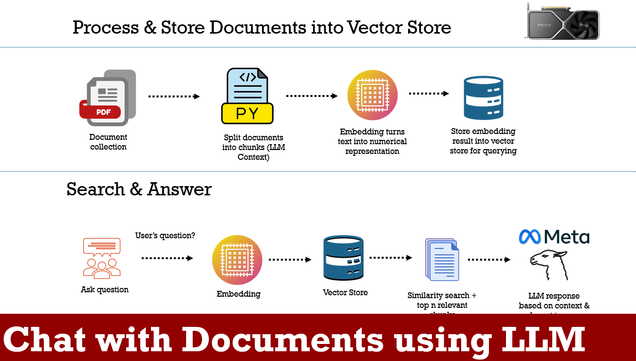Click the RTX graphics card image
pos(562,21)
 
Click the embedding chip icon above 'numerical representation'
pos(373,95)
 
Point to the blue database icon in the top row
pos(483,98)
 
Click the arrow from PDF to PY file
pos(174,96)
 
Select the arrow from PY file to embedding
pos(312,96)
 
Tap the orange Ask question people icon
pos(102,258)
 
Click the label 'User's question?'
pos(165,236)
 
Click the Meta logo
pos(554,237)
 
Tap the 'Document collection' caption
pos(108,142)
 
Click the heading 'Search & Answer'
pos(139,189)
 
